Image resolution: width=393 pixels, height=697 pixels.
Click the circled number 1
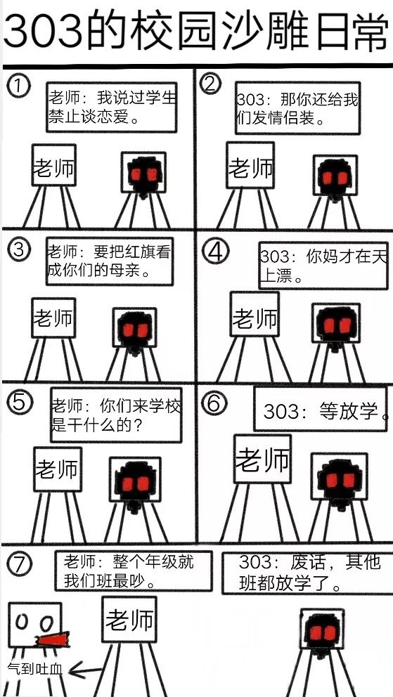(x=18, y=86)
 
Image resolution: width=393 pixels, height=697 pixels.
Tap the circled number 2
(x=211, y=84)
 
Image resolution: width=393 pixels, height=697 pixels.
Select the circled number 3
(x=19, y=250)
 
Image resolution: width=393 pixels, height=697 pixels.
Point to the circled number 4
(x=216, y=252)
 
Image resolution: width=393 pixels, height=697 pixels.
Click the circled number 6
(x=214, y=403)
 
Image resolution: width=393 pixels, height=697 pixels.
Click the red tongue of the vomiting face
(x=53, y=639)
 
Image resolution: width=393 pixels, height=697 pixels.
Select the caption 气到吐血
(x=36, y=668)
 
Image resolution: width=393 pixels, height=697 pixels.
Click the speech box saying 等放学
(x=320, y=409)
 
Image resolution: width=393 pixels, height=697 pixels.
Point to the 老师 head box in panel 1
(x=54, y=164)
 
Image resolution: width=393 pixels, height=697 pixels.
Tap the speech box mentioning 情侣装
(x=297, y=108)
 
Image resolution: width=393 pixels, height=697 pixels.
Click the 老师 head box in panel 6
(x=262, y=459)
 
